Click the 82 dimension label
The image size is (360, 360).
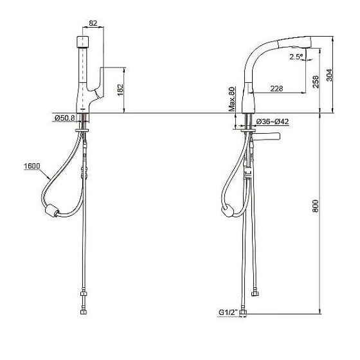click(93, 23)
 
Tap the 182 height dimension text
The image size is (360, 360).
click(120, 90)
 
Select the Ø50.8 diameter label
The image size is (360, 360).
click(65, 118)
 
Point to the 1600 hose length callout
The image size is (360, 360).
click(32, 166)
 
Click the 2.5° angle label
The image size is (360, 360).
click(296, 57)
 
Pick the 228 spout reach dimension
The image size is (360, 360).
click(276, 89)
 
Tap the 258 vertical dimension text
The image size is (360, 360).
click(316, 82)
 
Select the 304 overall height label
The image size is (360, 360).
click(329, 75)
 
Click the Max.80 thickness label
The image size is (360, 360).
click(232, 99)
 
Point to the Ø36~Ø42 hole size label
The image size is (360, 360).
click(273, 122)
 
